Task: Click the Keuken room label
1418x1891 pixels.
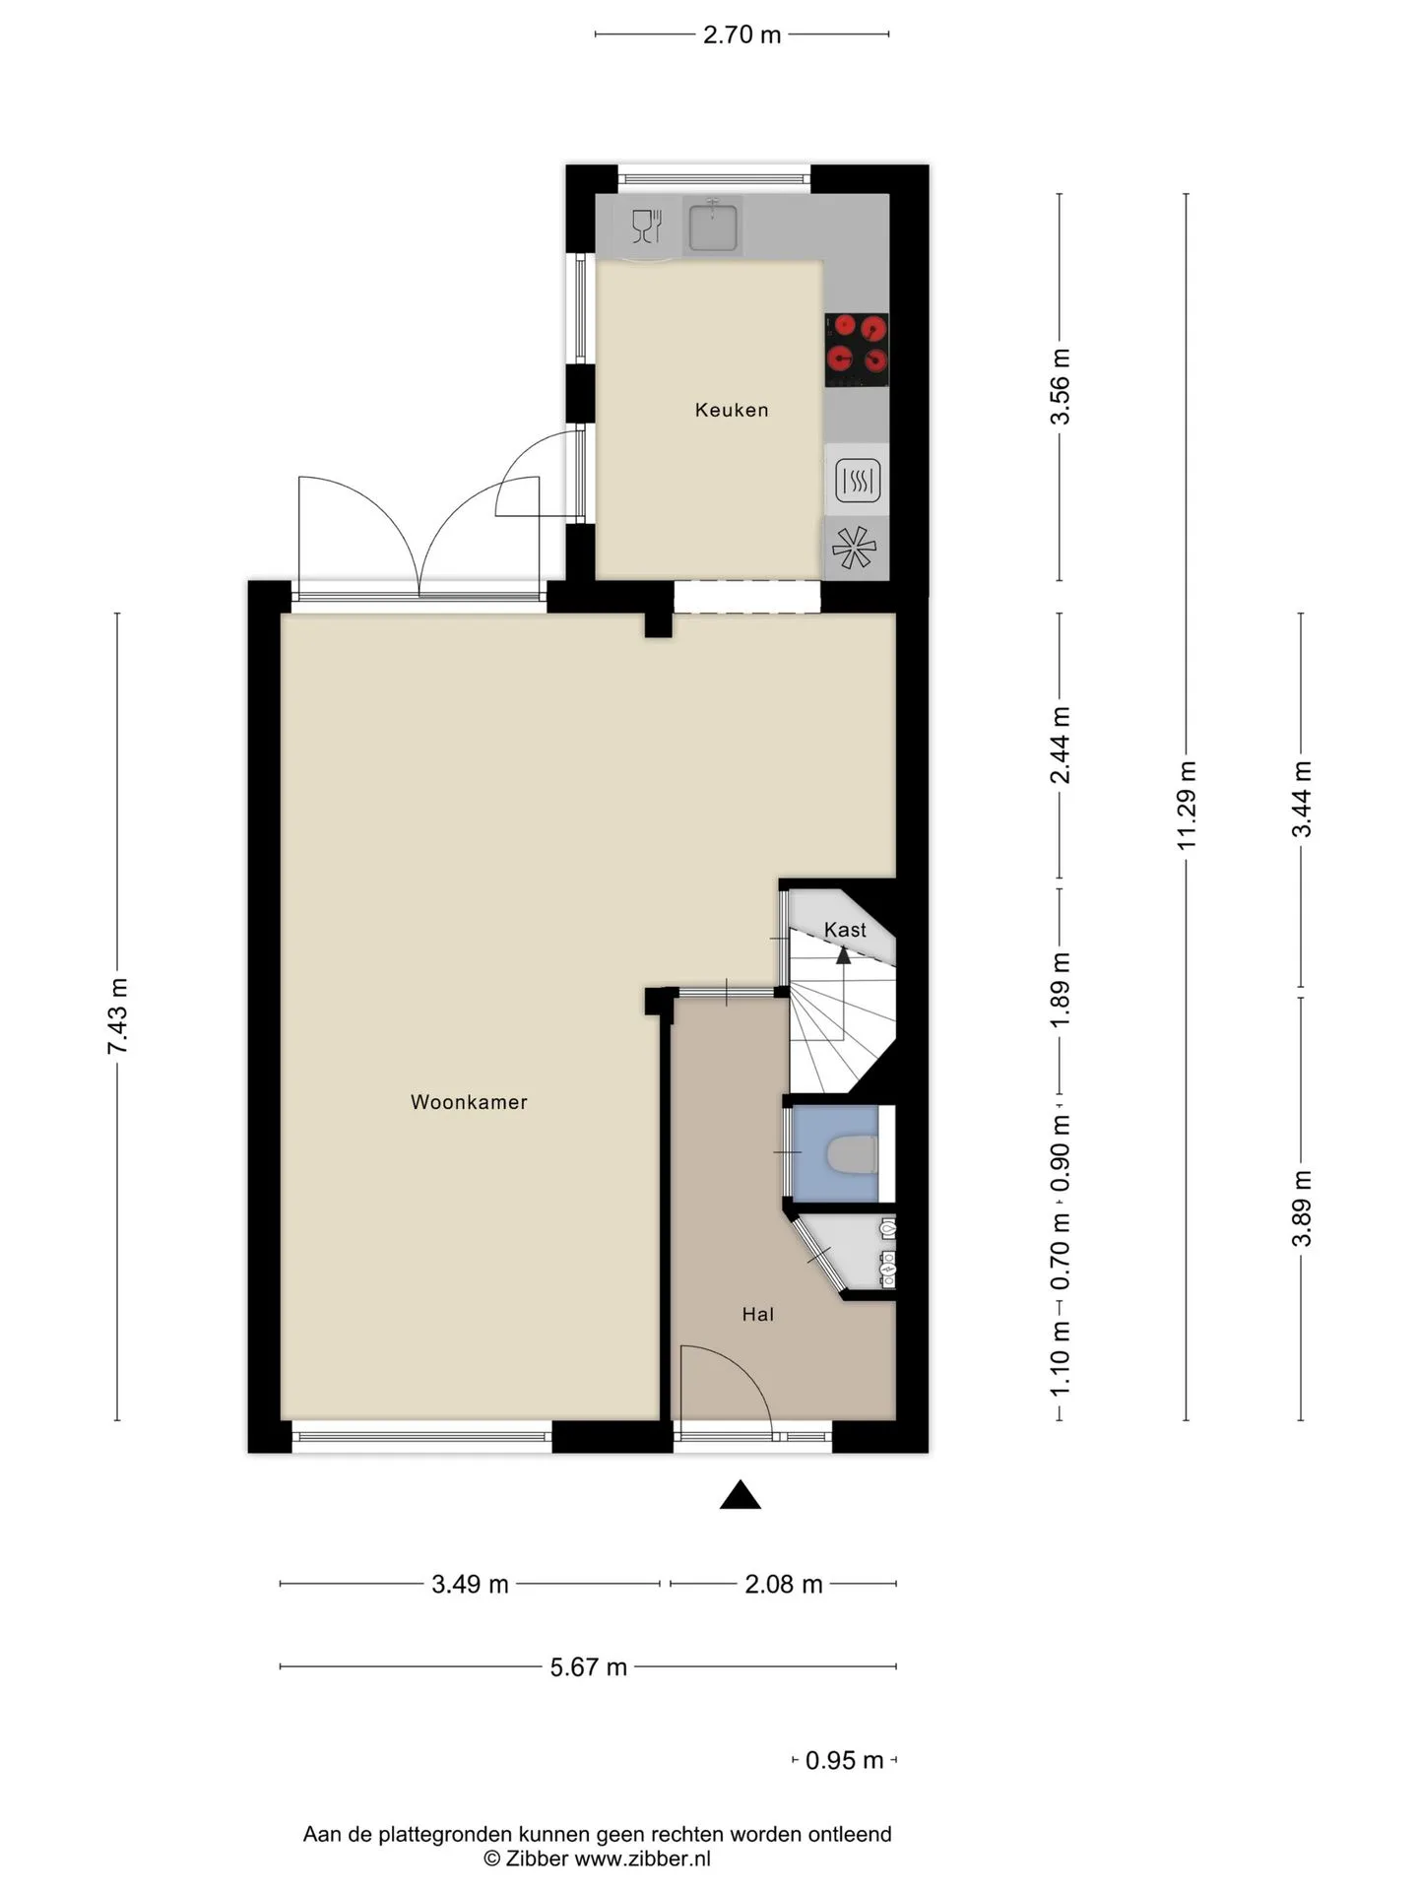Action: pos(731,410)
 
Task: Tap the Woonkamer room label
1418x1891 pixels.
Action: pos(469,1102)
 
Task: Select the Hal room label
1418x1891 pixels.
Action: pos(757,1314)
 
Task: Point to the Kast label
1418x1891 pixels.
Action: pos(845,930)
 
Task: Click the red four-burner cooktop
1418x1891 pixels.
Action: pos(856,350)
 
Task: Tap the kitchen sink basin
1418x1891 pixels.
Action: pos(713,226)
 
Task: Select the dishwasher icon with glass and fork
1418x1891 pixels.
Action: pos(646,227)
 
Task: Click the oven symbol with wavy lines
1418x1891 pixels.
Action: pos(857,481)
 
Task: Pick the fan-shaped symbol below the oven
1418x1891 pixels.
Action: pos(853,549)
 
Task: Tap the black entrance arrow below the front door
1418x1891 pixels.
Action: pos(741,1495)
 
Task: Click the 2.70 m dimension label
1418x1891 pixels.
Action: pos(741,34)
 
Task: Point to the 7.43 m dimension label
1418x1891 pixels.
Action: pos(117,1015)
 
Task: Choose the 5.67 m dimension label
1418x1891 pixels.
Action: pos(588,1666)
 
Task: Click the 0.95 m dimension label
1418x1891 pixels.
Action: pos(844,1760)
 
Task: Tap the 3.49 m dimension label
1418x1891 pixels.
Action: pos(470,1584)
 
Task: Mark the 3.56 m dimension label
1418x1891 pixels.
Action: pos(1060,386)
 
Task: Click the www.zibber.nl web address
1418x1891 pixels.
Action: pos(642,1858)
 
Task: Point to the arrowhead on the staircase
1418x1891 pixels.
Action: pos(843,953)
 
